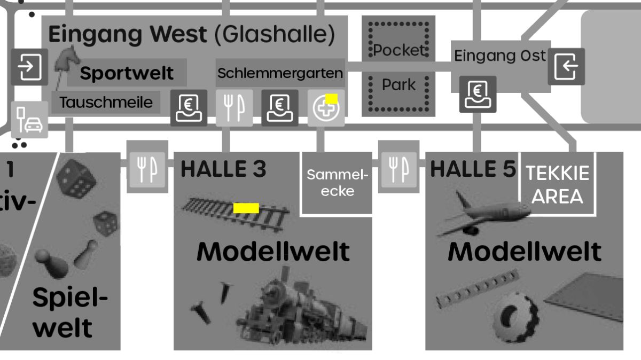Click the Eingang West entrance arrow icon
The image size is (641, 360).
(29, 67)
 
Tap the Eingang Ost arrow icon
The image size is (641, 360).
(566, 66)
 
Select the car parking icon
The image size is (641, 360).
(29, 120)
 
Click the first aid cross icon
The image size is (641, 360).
(326, 108)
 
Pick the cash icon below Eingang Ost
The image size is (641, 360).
(478, 95)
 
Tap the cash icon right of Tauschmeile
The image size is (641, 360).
(189, 108)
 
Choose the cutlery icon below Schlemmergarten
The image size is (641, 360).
(234, 108)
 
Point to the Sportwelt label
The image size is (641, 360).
(127, 73)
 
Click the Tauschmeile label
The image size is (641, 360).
(106, 102)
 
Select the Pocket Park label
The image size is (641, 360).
(398, 67)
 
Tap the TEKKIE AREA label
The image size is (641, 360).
(557, 184)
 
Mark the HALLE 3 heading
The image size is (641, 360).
(223, 169)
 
